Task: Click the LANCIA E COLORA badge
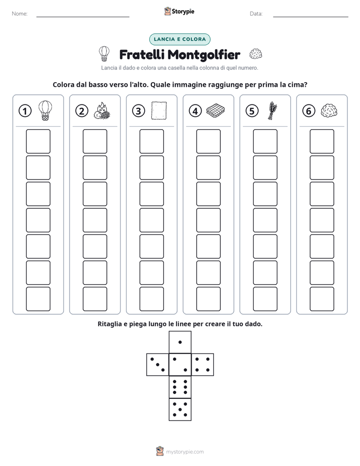[179, 39]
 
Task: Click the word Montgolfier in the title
[204, 54]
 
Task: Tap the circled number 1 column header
[25, 111]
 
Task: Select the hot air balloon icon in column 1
[45, 110]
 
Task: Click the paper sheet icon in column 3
[159, 110]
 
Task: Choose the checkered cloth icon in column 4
[216, 110]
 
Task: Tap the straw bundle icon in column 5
[272, 110]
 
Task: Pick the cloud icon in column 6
[329, 111]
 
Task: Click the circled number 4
[195, 111]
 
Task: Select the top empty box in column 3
[151, 141]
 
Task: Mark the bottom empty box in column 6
[322, 299]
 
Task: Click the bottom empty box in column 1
[38, 299]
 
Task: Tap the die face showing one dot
[180, 342]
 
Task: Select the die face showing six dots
[180, 387]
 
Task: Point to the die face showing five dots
[180, 409]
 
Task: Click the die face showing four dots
[203, 365]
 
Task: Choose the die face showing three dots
[158, 365]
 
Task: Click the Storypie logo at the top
[179, 12]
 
